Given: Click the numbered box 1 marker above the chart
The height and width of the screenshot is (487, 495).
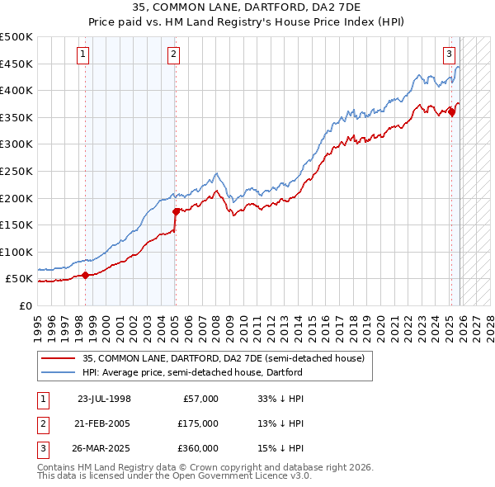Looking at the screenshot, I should point(85,55).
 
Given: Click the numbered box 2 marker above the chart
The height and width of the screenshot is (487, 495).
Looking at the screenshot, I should point(174,55).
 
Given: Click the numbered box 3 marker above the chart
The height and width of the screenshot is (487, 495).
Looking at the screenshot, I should point(450,55).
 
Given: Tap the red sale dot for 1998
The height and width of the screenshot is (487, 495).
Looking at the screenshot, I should point(86,276).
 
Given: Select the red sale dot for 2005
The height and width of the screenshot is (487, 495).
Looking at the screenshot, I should point(176,211).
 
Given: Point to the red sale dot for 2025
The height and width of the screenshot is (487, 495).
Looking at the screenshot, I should point(451,112).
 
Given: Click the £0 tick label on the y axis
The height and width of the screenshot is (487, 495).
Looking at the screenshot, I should point(26,305).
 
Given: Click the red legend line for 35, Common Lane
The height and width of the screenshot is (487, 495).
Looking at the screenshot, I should point(58,358).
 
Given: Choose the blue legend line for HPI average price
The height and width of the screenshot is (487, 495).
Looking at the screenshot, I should point(58,372).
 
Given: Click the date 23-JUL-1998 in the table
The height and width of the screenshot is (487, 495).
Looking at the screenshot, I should point(104,399).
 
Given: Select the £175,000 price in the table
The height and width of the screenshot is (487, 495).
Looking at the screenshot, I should point(198,423).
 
